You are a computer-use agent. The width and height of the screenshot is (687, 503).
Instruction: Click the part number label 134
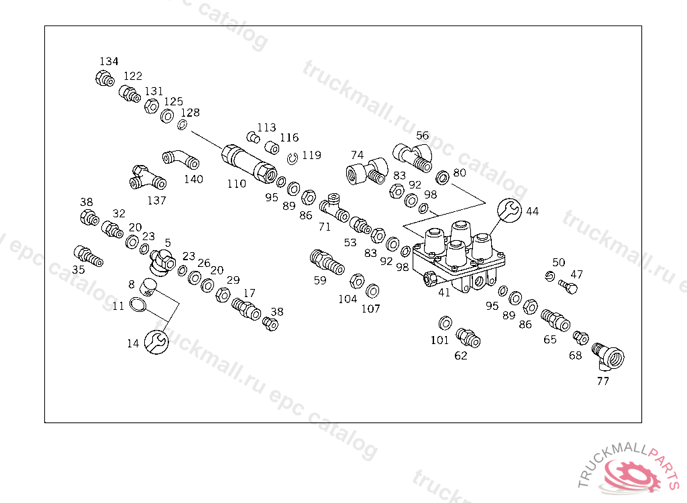click(109, 62)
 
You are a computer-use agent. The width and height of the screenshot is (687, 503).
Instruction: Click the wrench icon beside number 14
click(157, 341)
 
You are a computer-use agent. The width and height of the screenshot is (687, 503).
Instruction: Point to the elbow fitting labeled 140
click(180, 160)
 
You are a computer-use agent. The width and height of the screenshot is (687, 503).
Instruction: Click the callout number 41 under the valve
click(444, 292)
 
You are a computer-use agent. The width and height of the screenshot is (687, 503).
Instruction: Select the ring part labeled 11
click(138, 305)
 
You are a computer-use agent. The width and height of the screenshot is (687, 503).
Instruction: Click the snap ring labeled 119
click(292, 158)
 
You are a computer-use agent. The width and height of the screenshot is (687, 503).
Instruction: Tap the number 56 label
click(422, 135)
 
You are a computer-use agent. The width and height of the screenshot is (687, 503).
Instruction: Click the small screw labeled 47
click(568, 286)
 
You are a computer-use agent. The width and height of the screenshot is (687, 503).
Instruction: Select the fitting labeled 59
click(327, 261)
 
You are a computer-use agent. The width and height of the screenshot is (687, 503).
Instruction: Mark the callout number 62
click(461, 355)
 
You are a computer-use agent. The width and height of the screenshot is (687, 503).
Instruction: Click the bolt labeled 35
click(86, 255)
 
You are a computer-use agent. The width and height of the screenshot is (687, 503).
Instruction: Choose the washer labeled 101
click(445, 323)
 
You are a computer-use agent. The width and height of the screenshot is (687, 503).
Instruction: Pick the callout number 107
click(370, 309)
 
